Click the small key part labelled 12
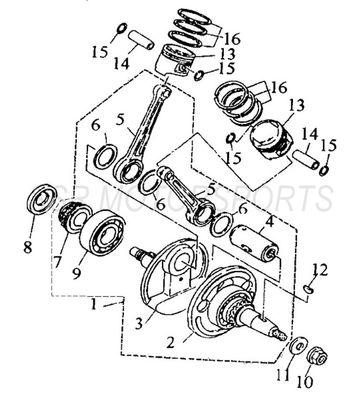309,289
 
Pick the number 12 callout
319,270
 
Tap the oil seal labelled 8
42,198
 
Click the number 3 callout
139,323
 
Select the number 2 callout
170,342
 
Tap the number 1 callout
93,305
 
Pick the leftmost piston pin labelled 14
141,40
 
